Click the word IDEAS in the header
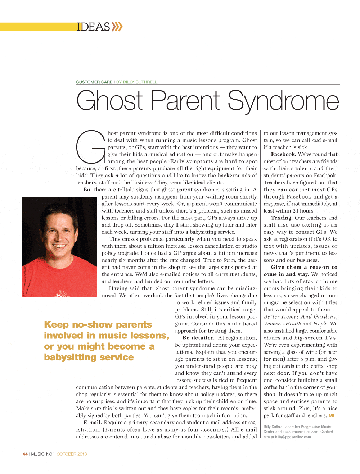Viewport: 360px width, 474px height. click(x=93, y=27)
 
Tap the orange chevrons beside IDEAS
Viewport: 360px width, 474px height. click(x=117, y=27)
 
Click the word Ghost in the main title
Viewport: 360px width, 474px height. click(x=110, y=100)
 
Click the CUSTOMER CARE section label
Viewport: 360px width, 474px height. click(x=94, y=82)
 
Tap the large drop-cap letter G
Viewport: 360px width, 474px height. click(x=90, y=147)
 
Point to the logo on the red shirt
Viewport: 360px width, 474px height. click(x=62, y=293)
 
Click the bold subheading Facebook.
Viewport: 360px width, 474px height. click(x=284, y=154)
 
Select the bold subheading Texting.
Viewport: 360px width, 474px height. click(x=282, y=218)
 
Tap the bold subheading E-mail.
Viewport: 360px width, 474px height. click(x=93, y=423)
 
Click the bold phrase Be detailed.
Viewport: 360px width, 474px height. click(x=199, y=338)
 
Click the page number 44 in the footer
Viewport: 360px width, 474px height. click(x=25, y=454)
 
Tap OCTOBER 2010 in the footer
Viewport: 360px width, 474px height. click(x=72, y=454)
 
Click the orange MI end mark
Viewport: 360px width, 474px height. click(x=331, y=416)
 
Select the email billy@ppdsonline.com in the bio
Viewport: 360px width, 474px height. click(x=293, y=437)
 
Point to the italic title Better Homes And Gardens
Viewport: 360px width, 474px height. click(x=300, y=317)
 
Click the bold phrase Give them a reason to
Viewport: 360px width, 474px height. click(x=304, y=267)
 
